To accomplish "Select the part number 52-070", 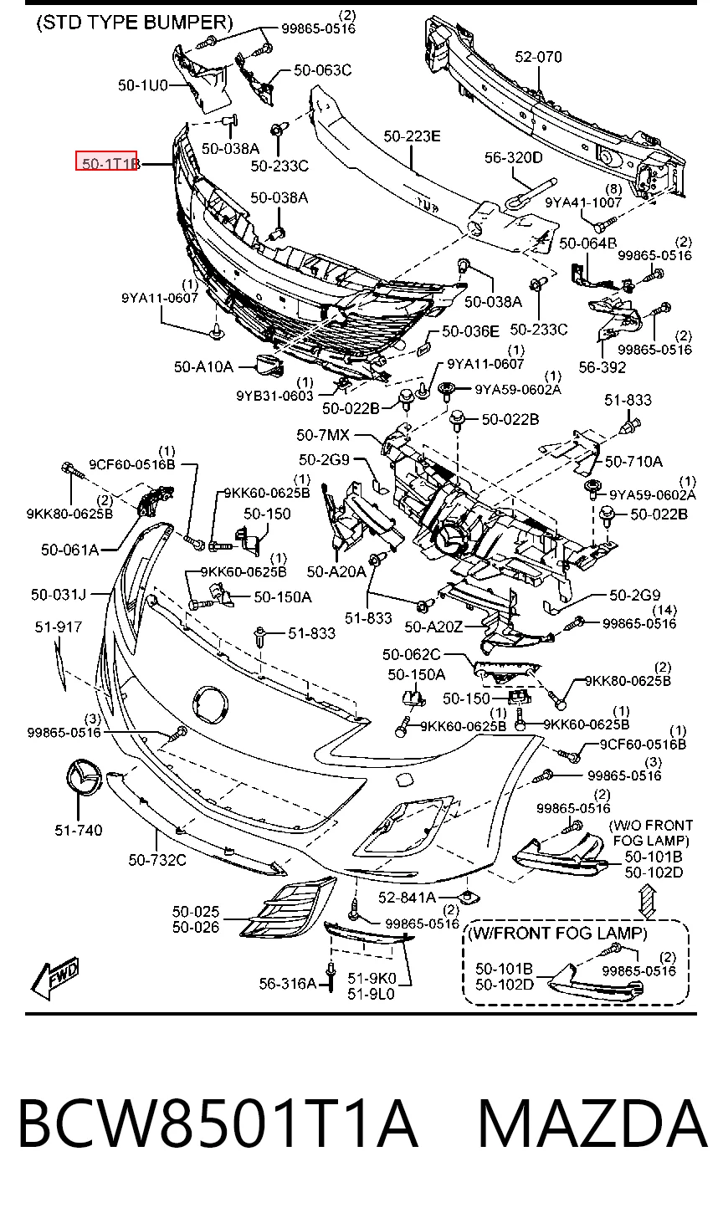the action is [x=538, y=57].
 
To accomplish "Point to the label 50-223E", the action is [x=412, y=136].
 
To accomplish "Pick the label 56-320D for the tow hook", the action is [x=514, y=157].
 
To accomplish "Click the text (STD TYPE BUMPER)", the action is [x=135, y=23].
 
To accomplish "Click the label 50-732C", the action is [x=157, y=860].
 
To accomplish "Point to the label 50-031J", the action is [x=59, y=594].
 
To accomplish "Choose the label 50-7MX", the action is [x=323, y=435].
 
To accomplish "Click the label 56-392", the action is [x=602, y=367].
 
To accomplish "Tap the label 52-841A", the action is [x=407, y=897].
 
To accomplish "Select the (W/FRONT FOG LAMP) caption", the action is [x=558, y=933].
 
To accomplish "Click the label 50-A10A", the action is [x=203, y=367].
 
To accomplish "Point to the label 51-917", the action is [x=59, y=627].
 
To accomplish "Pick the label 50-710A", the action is [x=633, y=462].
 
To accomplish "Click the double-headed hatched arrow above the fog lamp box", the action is [x=648, y=902].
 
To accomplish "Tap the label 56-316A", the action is [x=287, y=983].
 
